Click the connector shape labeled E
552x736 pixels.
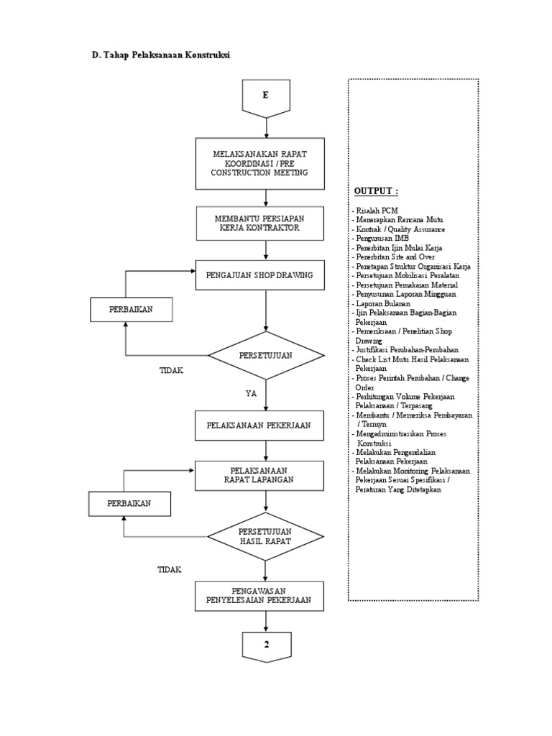(266, 97)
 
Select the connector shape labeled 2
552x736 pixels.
(266, 645)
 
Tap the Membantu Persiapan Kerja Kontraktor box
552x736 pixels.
(266, 223)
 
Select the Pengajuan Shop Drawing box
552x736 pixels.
(266, 275)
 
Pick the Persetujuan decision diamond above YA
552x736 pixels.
(266, 355)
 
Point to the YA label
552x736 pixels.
(251, 393)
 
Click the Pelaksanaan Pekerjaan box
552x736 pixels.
(266, 425)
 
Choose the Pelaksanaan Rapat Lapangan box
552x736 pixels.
(266, 474)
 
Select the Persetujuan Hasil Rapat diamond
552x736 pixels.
(266, 536)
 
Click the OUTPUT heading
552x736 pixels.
(375, 191)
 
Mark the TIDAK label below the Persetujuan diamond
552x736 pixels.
(171, 370)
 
